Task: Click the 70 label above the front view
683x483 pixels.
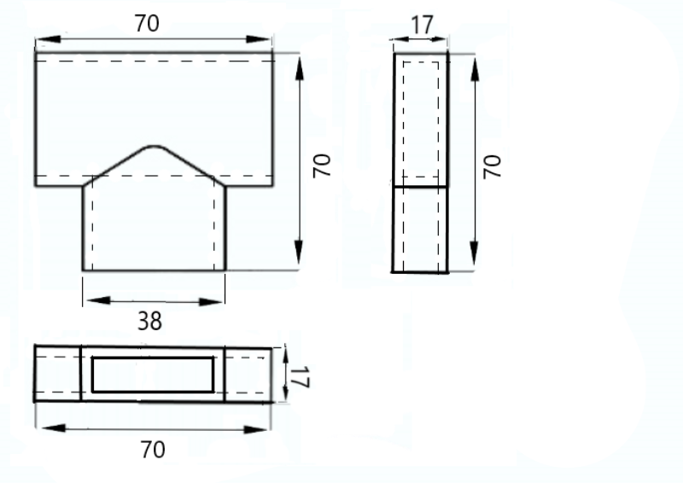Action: [147, 24]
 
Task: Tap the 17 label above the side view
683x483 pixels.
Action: [422, 24]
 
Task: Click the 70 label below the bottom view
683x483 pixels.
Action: [152, 450]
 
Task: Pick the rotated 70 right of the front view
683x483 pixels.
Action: [321, 166]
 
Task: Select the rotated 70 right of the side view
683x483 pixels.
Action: [493, 166]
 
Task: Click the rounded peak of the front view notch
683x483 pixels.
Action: [155, 146]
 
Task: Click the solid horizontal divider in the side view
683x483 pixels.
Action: [420, 185]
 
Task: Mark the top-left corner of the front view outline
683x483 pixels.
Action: [35, 53]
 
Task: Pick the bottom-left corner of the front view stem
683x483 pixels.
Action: [83, 271]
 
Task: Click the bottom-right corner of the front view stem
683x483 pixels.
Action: [225, 271]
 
